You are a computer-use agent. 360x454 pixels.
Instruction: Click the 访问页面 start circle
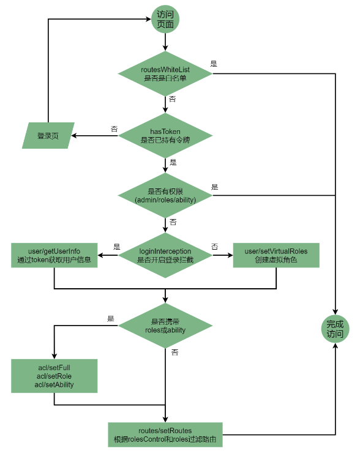[165, 19]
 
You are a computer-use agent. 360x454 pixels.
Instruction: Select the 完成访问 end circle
[335, 329]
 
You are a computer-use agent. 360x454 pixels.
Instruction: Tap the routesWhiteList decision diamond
[165, 73]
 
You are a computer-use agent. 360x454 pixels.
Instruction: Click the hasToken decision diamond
[165, 135]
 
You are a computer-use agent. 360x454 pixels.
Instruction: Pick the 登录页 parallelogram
[48, 135]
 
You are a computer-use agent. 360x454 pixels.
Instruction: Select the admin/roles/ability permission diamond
[165, 195]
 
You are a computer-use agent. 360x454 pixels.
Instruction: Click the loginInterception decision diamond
[165, 255]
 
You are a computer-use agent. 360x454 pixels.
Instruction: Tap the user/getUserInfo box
[54, 255]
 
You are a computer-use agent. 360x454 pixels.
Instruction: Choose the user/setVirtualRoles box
[276, 255]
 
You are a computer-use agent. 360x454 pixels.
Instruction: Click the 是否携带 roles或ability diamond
[165, 326]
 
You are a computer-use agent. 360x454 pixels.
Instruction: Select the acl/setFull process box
[54, 376]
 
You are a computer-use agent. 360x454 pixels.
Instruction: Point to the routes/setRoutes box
[165, 434]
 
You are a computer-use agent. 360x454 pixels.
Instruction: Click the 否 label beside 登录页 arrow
[114, 129]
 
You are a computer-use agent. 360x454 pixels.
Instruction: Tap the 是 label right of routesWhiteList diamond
[214, 64]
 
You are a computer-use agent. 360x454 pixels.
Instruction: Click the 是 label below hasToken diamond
[173, 162]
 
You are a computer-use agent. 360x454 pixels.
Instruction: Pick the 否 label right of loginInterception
[215, 247]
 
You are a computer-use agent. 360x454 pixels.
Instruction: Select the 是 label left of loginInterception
[117, 247]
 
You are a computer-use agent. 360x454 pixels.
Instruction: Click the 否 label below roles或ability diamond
[174, 352]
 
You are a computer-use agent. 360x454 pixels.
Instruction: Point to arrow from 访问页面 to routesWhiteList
[165, 42]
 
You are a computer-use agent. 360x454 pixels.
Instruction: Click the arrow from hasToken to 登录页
[94, 135]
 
